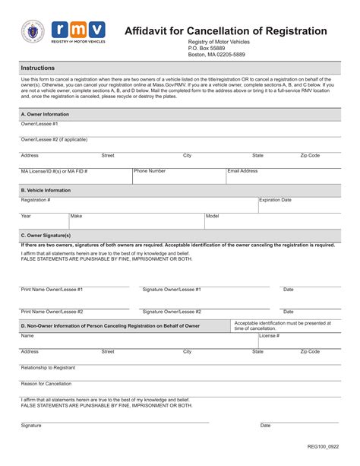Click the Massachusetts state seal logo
click(33, 33)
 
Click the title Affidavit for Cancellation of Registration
click(226, 31)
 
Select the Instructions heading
click(37, 68)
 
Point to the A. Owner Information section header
click(45, 114)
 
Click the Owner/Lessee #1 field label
click(39, 123)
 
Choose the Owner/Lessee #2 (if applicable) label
click(54, 140)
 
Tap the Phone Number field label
click(150, 171)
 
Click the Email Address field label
click(243, 171)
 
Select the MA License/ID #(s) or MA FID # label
click(54, 171)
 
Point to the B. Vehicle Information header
click(46, 190)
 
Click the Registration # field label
click(36, 200)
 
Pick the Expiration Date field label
click(276, 200)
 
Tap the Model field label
click(212, 216)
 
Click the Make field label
click(76, 216)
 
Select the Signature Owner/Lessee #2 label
click(172, 312)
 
